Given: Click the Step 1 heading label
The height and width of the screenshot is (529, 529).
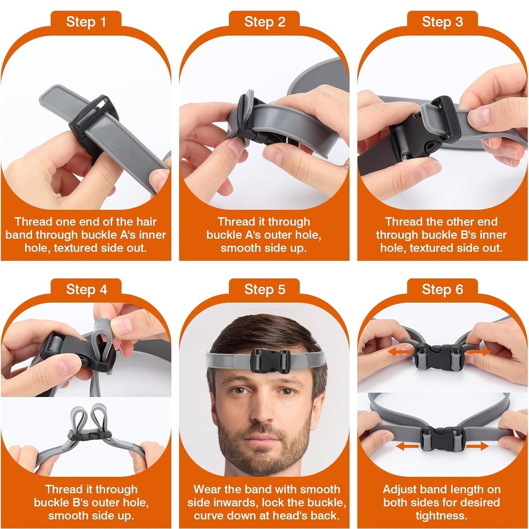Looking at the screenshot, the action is coord(86,22).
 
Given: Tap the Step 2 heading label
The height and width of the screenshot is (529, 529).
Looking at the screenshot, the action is coord(264,22).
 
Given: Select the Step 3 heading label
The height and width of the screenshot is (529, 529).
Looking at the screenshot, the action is coord(442,22).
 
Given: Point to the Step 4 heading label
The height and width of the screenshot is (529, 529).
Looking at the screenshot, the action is coord(86,290).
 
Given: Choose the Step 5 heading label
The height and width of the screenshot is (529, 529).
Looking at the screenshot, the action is coord(264,290).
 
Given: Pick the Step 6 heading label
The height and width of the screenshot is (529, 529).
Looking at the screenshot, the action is coord(442,290).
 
